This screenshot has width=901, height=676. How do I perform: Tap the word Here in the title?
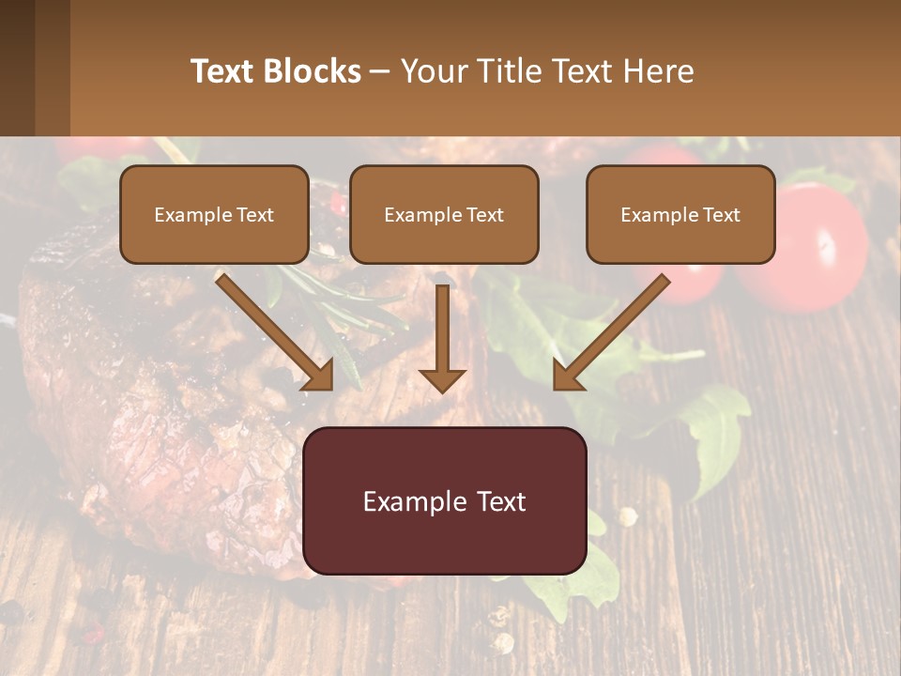pyautogui.click(x=659, y=71)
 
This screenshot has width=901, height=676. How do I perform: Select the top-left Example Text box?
pyautogui.click(x=214, y=214)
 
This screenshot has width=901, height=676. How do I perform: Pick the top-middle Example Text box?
pyautogui.click(x=444, y=214)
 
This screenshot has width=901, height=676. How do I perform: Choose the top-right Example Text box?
pyautogui.click(x=680, y=214)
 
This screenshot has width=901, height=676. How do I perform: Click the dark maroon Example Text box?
pyautogui.click(x=445, y=500)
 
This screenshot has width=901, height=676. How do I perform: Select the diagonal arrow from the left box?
pyautogui.click(x=274, y=331)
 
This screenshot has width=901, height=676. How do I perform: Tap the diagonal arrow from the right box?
pyautogui.click(x=610, y=331)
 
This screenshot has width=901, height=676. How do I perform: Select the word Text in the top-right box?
pyautogui.click(x=721, y=215)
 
